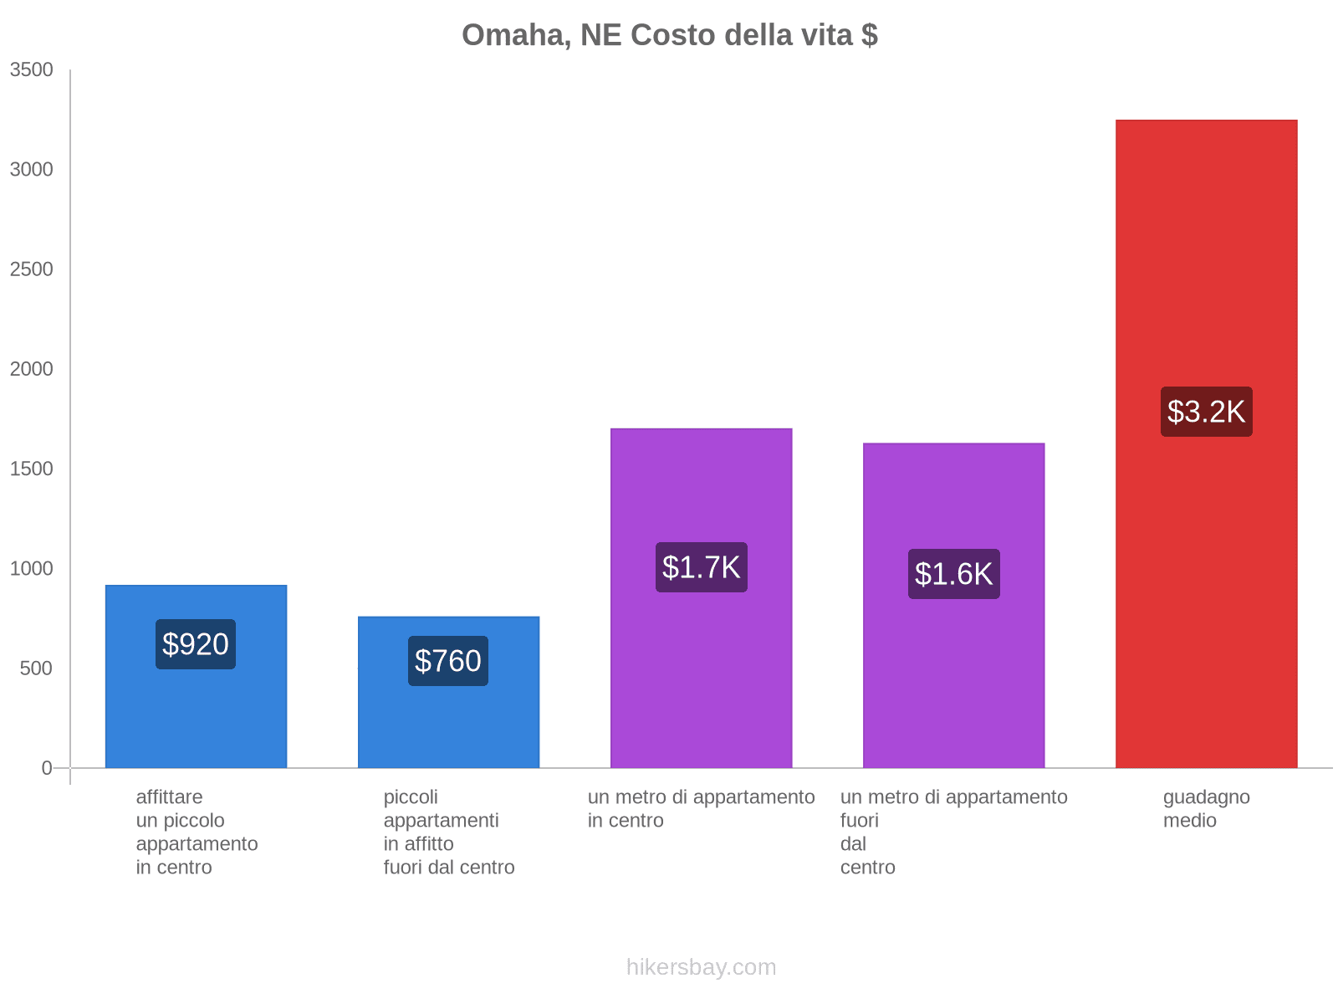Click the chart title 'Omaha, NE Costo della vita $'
pos(669,35)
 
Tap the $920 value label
pos(196,644)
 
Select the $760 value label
pos(448,661)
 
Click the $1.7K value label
pos(701,567)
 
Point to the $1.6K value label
pos(953,574)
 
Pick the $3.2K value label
pos(1206,412)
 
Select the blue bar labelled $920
pos(196,720)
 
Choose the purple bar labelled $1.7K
pos(701,686)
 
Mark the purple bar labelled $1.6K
pos(953,686)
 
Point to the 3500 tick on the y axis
pos(32,70)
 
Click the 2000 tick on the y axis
pos(32,369)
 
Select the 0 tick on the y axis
pos(47,768)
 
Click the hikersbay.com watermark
pos(701,967)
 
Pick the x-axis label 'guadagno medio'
pos(1206,809)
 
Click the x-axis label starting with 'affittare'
pos(197,832)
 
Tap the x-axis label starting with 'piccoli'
pos(449,832)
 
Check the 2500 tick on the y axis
pos(32,269)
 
